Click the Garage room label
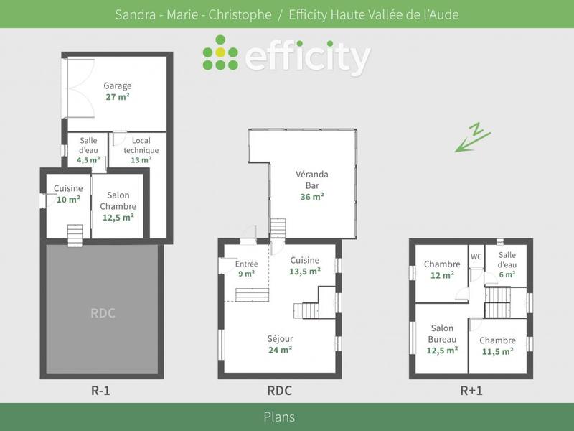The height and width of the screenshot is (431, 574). click(x=118, y=85)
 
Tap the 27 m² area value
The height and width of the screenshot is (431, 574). click(x=118, y=97)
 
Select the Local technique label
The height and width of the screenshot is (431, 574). click(x=141, y=145)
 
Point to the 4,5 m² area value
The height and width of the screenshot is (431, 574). click(x=88, y=160)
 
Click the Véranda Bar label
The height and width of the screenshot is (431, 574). click(x=312, y=180)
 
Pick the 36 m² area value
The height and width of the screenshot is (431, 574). click(x=312, y=197)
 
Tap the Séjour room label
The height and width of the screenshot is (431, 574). click(x=280, y=338)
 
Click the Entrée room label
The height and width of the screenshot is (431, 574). click(x=246, y=264)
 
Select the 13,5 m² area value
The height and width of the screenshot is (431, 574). click(x=305, y=272)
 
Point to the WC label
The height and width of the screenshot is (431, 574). click(x=476, y=256)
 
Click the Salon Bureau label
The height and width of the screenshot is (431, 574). click(x=442, y=333)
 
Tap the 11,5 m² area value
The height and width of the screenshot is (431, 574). click(x=497, y=352)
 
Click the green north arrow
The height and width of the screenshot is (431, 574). click(x=473, y=137)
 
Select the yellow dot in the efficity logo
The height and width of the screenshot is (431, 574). click(x=220, y=52)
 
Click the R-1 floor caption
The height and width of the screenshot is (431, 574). click(x=100, y=391)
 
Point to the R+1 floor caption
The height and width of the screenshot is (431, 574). click(x=471, y=391)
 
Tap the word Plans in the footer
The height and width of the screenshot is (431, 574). click(x=279, y=417)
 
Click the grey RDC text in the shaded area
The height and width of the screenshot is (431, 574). click(x=103, y=313)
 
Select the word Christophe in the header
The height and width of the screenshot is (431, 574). click(x=240, y=14)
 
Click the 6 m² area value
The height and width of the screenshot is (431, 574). click(x=507, y=274)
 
